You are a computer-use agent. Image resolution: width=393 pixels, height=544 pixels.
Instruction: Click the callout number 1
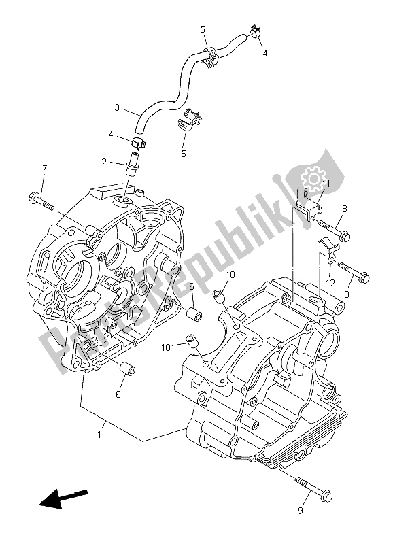tap(99, 433)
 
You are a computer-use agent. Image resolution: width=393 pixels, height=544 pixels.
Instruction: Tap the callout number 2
tap(104, 163)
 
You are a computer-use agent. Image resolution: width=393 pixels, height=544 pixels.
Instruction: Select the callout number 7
tap(44, 168)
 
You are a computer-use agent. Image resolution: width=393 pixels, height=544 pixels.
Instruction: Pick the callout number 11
tap(326, 184)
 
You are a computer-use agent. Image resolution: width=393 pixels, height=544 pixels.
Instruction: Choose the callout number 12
tap(330, 283)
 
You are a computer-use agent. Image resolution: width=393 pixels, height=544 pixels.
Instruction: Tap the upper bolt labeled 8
tap(333, 233)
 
